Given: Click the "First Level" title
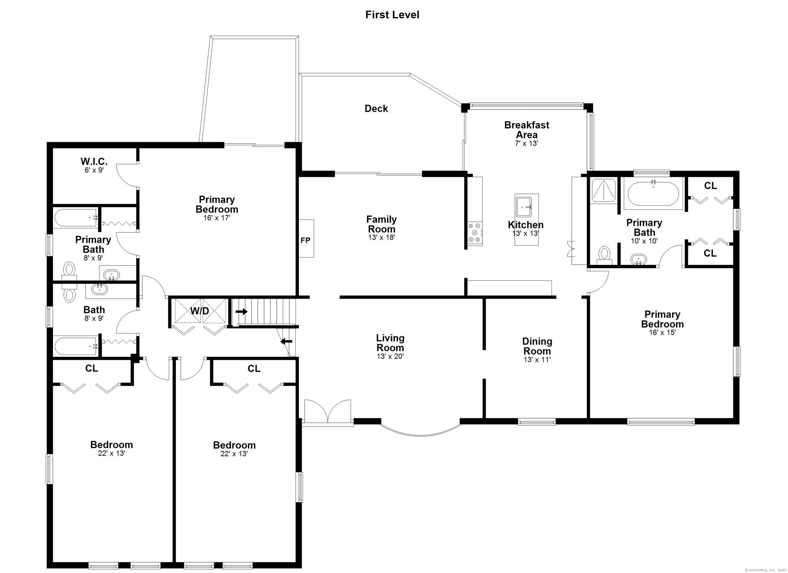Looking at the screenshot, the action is click(392, 15).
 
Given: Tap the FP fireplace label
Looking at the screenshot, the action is click(306, 240).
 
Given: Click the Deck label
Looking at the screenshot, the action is click(376, 108).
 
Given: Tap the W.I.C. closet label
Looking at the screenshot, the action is click(94, 161).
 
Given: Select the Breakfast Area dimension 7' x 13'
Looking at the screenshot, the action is click(526, 143).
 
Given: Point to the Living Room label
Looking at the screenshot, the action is click(390, 343).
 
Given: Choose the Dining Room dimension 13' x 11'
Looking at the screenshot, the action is click(537, 359).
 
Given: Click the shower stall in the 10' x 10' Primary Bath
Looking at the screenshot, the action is click(604, 190).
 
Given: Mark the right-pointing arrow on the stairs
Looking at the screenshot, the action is click(241, 311).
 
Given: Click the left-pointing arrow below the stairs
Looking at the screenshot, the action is click(286, 341).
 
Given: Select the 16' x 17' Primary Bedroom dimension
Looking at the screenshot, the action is click(217, 218).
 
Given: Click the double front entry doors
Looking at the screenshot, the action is click(328, 412).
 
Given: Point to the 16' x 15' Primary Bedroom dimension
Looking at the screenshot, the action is click(662, 332).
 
